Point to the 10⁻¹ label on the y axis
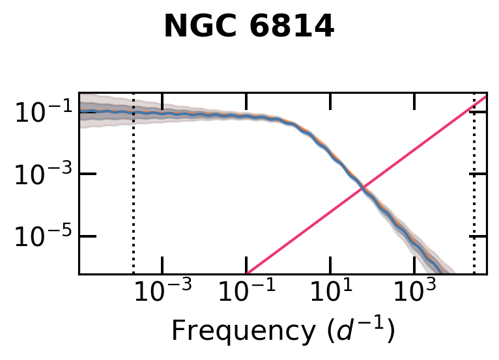40,113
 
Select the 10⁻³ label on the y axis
40,174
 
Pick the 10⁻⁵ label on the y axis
40,236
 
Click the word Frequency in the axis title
228,331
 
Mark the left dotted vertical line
134,195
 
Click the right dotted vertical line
474,195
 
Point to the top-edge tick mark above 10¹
330,100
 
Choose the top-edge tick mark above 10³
414,100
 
